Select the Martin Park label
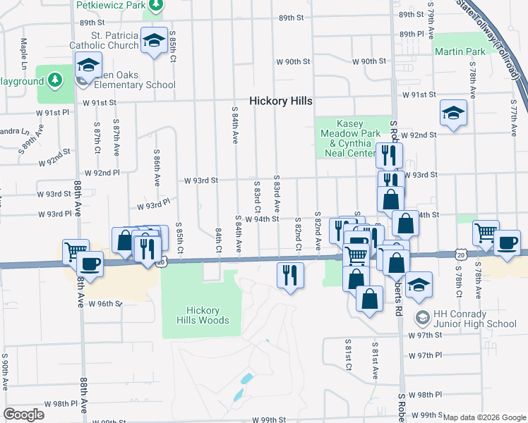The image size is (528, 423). tap(460, 52)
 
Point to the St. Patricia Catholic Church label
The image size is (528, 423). tap(104, 41)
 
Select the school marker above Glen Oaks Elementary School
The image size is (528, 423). tap(89, 65)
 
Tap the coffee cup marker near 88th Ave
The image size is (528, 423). tap(89, 264)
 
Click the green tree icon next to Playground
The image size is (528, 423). tap(56, 81)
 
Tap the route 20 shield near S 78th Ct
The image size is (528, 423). tap(460, 253)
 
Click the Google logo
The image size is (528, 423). tap(23, 415)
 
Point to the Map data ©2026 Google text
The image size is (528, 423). tap(484, 417)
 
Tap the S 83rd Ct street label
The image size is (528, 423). tap(257, 199)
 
